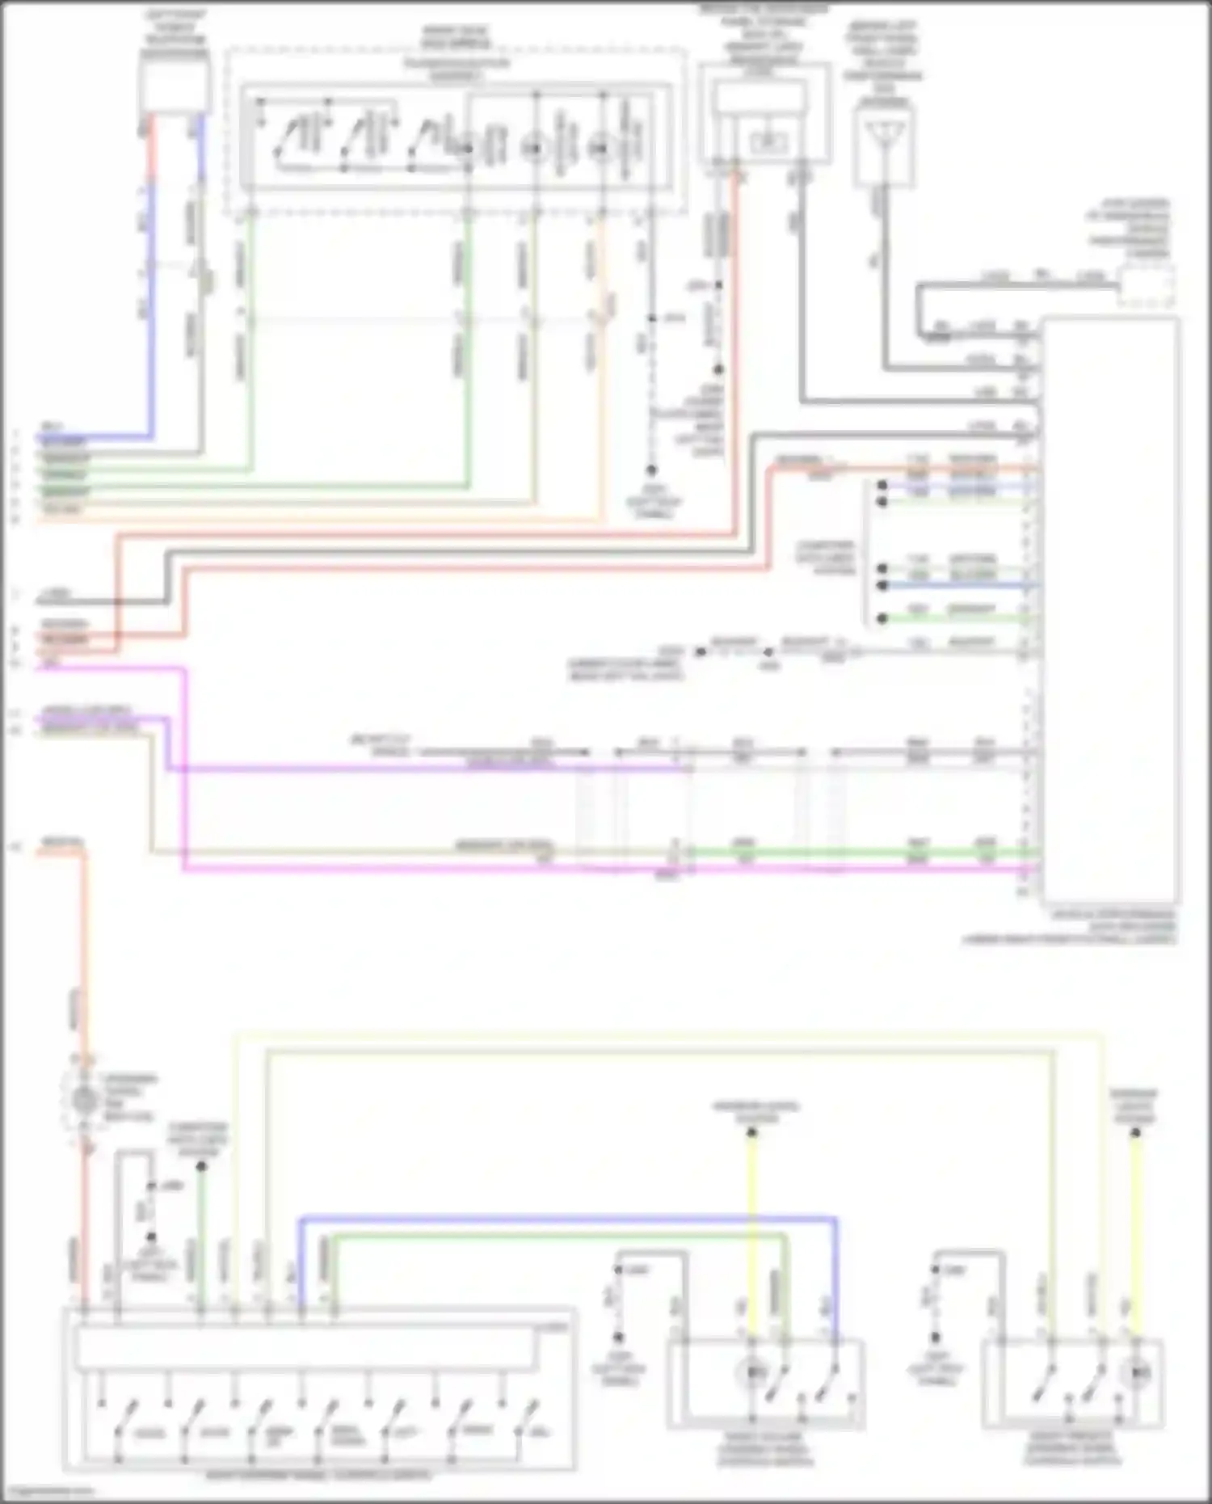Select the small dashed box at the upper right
[1147, 287]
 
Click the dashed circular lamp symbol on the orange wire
[84, 1099]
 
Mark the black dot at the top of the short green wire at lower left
[201, 1166]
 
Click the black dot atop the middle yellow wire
[751, 1133]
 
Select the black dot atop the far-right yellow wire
[1135, 1133]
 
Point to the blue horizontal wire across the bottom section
[566, 1217]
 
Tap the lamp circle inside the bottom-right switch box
[1137, 1371]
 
